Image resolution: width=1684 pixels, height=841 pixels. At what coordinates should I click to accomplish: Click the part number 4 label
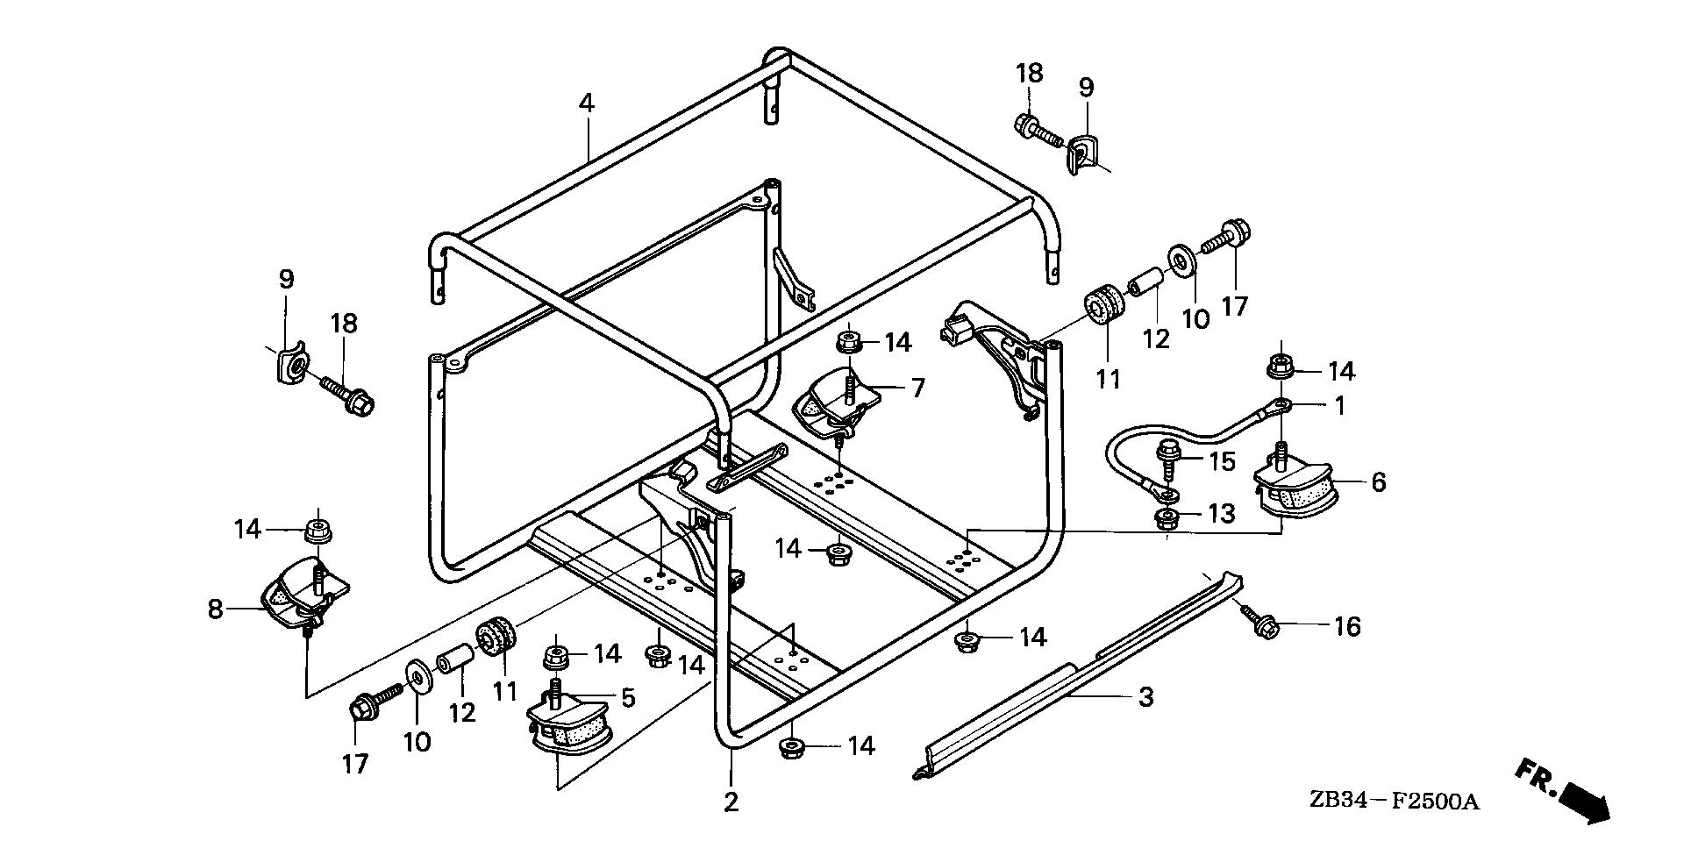click(x=587, y=103)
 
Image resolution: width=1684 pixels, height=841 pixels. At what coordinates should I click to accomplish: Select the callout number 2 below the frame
click(x=731, y=802)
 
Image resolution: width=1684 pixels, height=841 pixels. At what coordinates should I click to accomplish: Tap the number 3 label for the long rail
click(x=1145, y=698)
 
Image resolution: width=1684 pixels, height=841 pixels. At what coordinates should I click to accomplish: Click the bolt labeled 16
click(x=1260, y=619)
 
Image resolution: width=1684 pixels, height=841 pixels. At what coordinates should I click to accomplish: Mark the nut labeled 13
click(x=1166, y=518)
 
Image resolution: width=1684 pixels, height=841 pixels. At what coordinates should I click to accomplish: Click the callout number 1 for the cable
click(x=1338, y=406)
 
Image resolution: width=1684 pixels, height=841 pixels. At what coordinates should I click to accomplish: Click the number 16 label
click(x=1347, y=627)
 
